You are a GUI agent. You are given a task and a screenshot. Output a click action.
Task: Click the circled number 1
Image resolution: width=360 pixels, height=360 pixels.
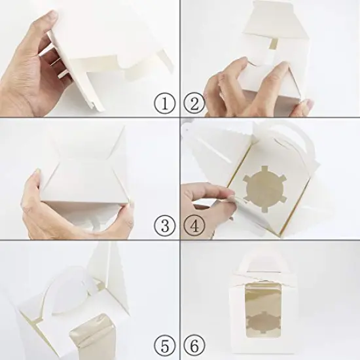[164, 102]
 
